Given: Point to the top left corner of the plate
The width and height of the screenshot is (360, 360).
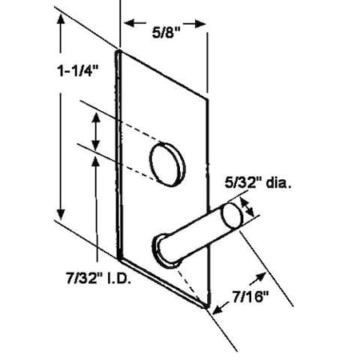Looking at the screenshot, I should click(x=118, y=52).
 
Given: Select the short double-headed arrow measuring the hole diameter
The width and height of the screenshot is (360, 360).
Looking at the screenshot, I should click(x=96, y=131).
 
